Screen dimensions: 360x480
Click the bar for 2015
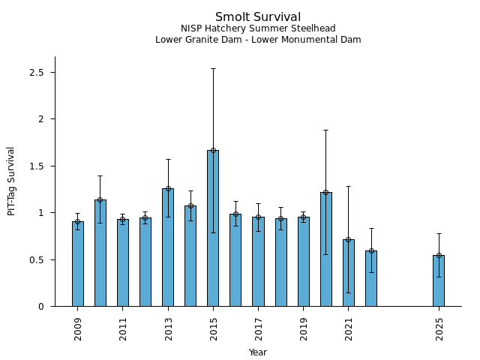(213, 228)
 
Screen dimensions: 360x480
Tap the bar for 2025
(439, 280)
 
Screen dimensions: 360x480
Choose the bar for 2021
(349, 273)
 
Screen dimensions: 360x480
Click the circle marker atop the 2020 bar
(325, 192)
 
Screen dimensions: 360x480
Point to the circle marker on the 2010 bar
(100, 200)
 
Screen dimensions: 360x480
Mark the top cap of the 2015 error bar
(213, 68)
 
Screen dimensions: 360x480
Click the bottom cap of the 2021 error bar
(349, 292)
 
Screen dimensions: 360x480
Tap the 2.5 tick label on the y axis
(37, 73)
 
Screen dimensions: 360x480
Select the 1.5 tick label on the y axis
(37, 166)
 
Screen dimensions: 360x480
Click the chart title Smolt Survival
(258, 17)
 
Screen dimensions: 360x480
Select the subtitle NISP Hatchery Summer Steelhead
(258, 28)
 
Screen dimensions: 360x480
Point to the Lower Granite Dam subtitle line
(258, 40)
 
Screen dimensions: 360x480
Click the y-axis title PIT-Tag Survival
(11, 181)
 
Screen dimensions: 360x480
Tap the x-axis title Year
(258, 352)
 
